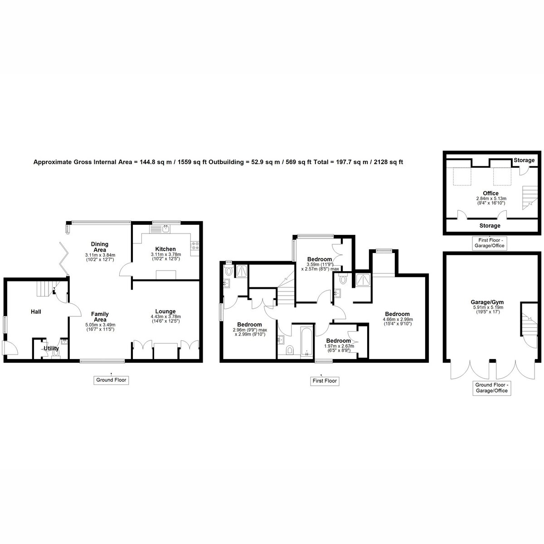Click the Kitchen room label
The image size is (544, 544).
click(x=165, y=249)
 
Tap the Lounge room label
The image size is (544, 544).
click(x=165, y=311)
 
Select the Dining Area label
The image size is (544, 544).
click(x=100, y=247)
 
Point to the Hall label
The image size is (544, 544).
click(x=36, y=311)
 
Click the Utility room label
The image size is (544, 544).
click(x=51, y=348)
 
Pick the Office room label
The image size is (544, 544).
click(x=491, y=194)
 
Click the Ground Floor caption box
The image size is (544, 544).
click(x=111, y=380)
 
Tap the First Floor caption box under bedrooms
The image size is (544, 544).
click(x=325, y=381)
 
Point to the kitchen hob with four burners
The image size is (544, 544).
click(x=195, y=246)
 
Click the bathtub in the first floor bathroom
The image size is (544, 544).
click(x=307, y=342)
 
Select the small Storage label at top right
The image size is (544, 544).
click(x=524, y=160)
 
